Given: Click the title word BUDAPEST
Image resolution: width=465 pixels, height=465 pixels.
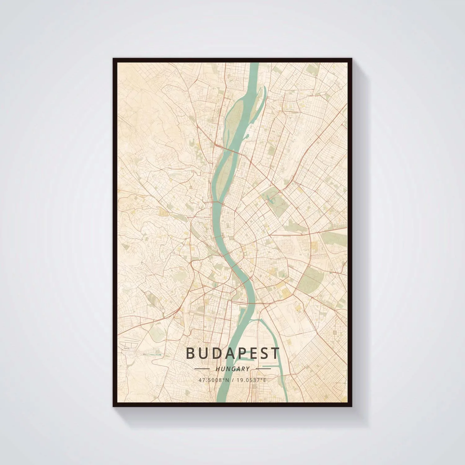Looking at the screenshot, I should point(232,353).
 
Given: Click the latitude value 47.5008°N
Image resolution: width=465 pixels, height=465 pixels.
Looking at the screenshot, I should point(214,380).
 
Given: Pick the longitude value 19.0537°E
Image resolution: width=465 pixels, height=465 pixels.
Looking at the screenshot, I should point(251,380).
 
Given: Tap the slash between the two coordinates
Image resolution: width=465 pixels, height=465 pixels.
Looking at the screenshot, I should point(232,380).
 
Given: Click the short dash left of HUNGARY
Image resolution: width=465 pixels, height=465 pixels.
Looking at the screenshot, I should point(202,369).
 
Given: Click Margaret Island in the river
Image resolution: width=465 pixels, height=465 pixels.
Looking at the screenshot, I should point(223,174).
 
